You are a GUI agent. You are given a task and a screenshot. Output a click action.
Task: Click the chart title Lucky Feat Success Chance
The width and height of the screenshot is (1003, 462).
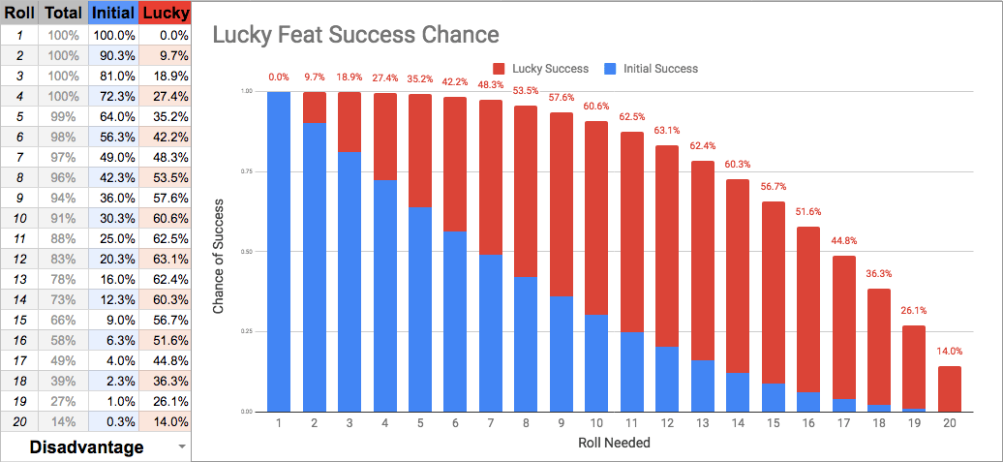click(355, 36)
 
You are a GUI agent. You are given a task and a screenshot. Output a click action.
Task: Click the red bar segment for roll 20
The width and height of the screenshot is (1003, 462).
click(951, 388)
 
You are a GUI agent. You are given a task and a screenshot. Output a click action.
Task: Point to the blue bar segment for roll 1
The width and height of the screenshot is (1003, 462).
click(279, 252)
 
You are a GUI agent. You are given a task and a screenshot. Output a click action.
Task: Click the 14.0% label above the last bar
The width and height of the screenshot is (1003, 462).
click(951, 352)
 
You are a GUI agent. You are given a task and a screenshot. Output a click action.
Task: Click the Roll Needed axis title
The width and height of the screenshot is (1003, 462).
click(615, 444)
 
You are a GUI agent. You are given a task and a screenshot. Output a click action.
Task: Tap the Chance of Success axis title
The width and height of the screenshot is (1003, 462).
click(219, 252)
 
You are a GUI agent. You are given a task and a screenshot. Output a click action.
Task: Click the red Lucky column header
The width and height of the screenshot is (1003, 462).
click(165, 13)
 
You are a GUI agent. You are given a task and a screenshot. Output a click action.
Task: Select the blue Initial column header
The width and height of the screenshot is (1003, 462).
click(113, 13)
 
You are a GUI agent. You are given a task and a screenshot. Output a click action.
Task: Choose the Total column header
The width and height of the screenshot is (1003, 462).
click(63, 13)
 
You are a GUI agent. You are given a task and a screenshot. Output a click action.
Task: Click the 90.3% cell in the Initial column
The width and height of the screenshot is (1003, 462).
click(113, 56)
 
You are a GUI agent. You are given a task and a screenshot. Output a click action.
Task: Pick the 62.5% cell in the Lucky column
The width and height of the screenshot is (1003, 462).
click(165, 238)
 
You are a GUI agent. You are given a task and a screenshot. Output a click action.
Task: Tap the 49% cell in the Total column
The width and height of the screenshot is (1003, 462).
click(63, 360)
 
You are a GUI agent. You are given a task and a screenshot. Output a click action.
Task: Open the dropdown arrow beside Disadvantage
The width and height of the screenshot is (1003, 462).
click(182, 447)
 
